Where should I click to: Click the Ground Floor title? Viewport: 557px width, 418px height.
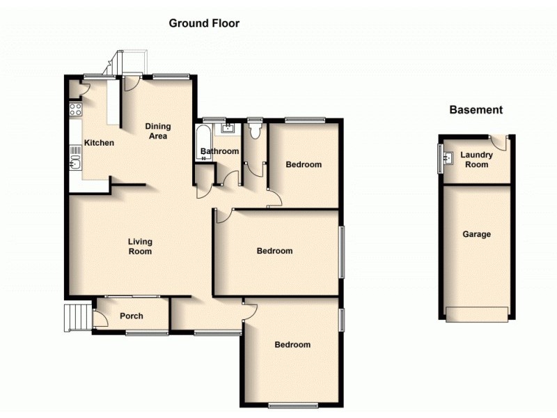[204, 23]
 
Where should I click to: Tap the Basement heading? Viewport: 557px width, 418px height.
[476, 109]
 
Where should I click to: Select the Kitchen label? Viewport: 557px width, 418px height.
[99, 143]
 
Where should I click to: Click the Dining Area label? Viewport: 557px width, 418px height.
[157, 131]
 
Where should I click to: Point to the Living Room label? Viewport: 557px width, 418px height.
[139, 247]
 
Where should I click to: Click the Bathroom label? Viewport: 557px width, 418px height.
[219, 151]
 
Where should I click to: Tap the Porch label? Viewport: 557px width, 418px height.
[131, 316]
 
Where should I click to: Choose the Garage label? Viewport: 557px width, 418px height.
[476, 234]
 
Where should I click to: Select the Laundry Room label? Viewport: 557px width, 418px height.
[476, 160]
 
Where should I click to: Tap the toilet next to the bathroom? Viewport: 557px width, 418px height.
[255, 130]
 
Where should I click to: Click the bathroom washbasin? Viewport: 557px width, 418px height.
[227, 127]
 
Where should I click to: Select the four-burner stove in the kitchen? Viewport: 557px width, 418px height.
[76, 109]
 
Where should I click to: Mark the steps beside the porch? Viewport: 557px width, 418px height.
[78, 318]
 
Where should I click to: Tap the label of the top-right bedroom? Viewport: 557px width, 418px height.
[304, 164]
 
